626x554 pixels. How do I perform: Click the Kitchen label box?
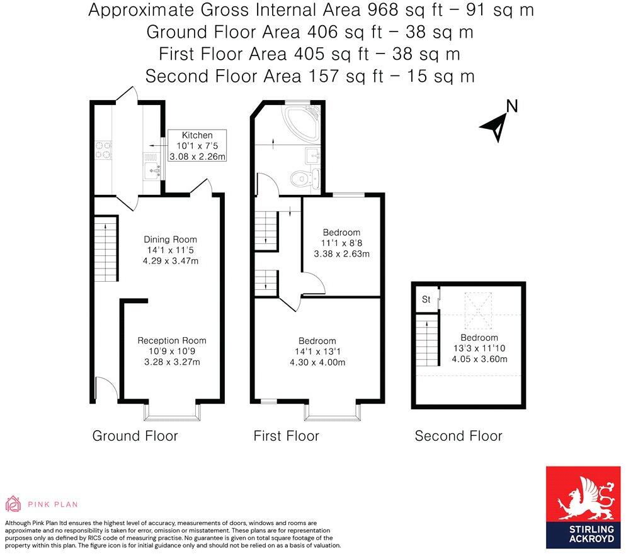point(197,146)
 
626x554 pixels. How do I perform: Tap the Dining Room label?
point(170,240)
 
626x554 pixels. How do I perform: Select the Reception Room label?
point(172,341)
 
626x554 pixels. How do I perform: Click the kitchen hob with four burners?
point(103,150)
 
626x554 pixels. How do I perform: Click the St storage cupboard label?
point(426,299)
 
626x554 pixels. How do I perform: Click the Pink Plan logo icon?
point(13,504)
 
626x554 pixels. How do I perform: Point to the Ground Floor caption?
point(135,436)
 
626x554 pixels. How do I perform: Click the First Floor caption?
point(286,436)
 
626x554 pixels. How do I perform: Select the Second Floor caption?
point(458,436)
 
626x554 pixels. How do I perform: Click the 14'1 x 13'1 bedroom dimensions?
point(317,352)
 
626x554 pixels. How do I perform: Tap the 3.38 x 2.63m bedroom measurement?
point(341,255)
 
